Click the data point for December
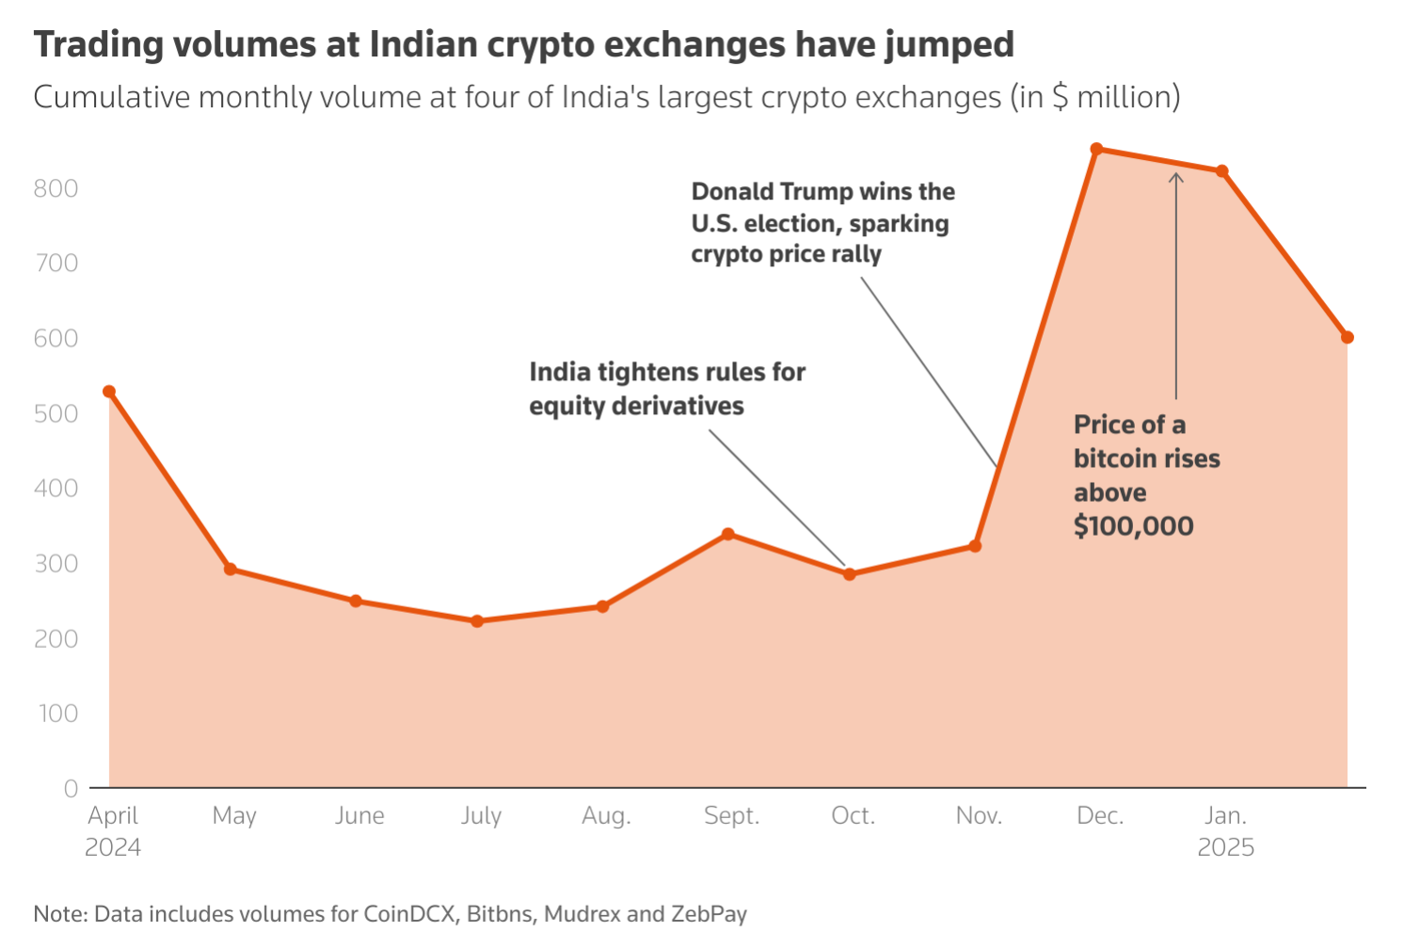1096,149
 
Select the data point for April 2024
109,392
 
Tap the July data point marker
477,621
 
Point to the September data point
728,535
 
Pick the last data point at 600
1348,337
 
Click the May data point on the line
231,569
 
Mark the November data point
975,546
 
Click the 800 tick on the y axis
56,188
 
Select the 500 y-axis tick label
56,413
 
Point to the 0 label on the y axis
71,789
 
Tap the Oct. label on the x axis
853,815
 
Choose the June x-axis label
359,815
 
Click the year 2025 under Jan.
1225,847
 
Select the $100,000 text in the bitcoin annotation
1133,525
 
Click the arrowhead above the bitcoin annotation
1176,176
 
